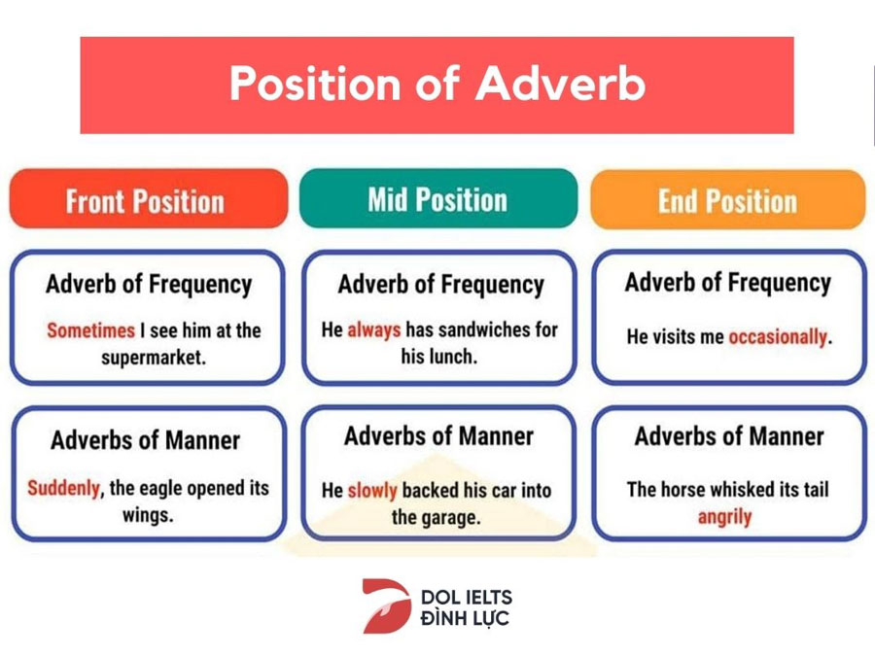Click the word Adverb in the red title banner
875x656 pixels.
(560, 84)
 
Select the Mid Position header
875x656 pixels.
(438, 198)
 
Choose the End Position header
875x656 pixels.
(727, 199)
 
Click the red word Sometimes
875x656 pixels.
(91, 330)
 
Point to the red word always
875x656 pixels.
(374, 329)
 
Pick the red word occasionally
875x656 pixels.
(778, 337)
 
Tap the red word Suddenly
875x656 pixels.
(63, 488)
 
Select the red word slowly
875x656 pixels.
(372, 491)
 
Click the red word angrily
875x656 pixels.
(725, 517)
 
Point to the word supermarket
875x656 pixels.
(154, 358)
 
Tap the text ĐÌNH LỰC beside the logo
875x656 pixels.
(465, 618)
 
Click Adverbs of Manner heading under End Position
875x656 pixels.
(729, 435)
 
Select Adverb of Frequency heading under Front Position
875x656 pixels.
(149, 284)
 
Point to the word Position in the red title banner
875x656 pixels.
(315, 84)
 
